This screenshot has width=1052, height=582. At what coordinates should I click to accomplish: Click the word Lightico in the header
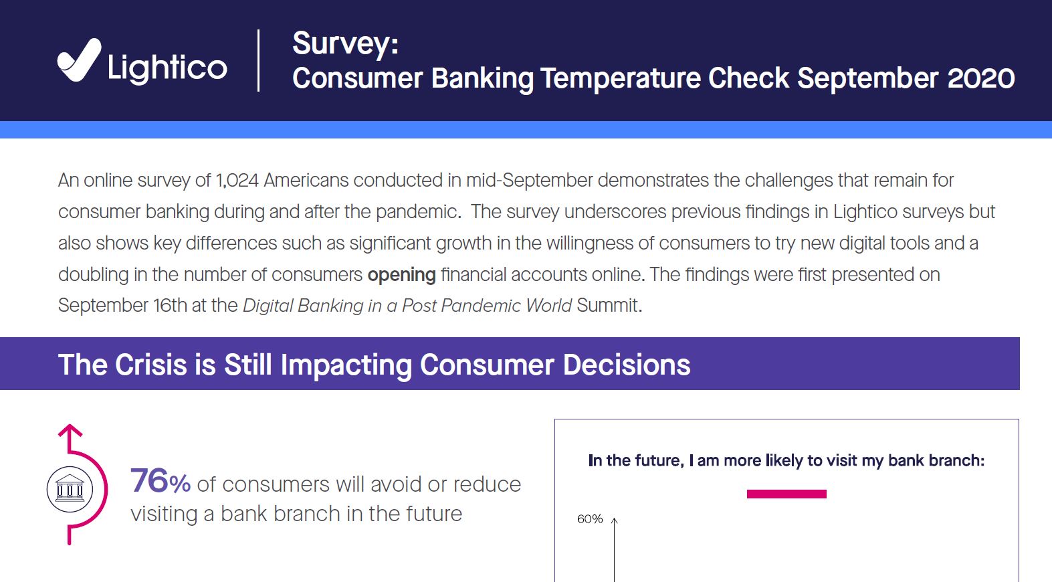(x=167, y=68)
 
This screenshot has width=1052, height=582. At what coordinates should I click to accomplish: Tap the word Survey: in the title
(x=345, y=44)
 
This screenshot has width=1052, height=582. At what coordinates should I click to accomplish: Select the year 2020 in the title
(x=981, y=78)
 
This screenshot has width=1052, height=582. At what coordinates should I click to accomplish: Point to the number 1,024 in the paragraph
(x=237, y=181)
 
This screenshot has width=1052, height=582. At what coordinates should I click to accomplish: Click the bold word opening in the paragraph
(x=401, y=275)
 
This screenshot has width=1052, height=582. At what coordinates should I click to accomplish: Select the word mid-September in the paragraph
(x=529, y=181)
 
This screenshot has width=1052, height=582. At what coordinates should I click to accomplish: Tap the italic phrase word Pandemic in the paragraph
(x=480, y=306)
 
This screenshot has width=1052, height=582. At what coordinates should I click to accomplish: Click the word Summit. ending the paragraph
(x=609, y=306)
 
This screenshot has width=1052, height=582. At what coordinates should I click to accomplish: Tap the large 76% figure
(x=161, y=482)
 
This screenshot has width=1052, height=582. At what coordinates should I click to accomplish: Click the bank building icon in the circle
(x=70, y=489)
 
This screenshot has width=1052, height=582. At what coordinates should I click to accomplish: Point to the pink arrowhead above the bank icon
(x=70, y=430)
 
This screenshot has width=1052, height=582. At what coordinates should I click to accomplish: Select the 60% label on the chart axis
(x=590, y=519)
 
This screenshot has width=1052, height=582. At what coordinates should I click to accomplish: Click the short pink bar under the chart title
(x=786, y=494)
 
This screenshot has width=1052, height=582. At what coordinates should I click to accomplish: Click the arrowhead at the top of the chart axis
(x=614, y=520)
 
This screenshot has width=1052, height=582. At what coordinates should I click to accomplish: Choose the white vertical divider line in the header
(x=259, y=60)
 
